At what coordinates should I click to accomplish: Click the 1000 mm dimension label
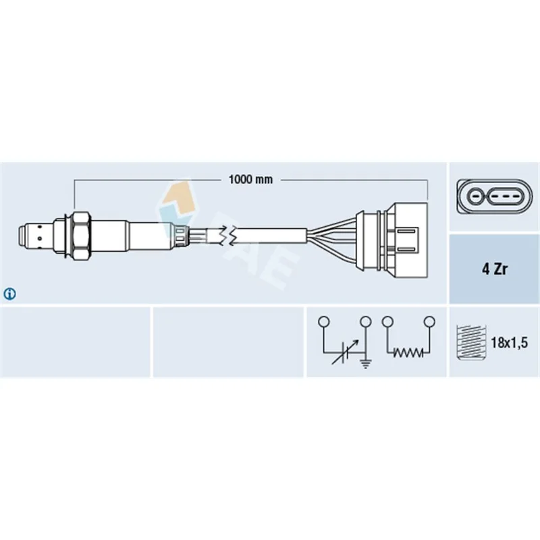coord(250,180)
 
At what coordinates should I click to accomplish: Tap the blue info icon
coord(9,294)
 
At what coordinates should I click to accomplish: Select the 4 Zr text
coord(495,269)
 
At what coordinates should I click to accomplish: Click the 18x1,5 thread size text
coord(509,343)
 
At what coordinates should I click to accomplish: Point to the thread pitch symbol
coord(470,342)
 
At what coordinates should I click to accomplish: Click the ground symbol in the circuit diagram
coord(365,363)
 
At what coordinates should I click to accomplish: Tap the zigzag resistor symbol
coord(408,352)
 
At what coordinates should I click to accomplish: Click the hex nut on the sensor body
coord(80,236)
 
